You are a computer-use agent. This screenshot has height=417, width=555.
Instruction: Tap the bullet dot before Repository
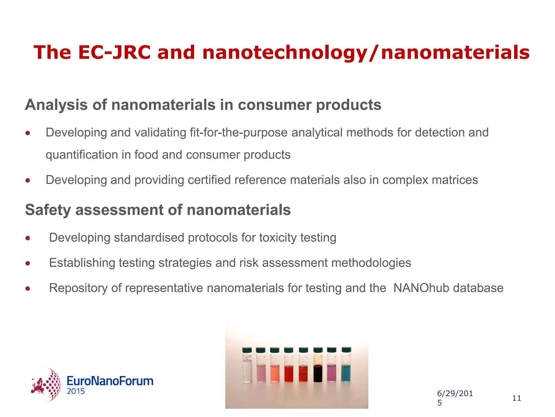click(x=28, y=288)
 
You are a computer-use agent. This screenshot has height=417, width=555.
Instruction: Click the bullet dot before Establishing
click(x=28, y=263)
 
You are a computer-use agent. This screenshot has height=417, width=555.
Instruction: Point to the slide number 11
click(x=517, y=398)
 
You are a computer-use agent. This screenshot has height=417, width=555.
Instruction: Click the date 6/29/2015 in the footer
click(x=455, y=398)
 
